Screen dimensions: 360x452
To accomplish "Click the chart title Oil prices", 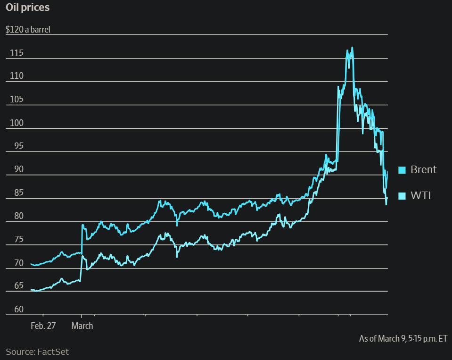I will [x=27, y=8].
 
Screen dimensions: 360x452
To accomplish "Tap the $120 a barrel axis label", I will [x=28, y=29].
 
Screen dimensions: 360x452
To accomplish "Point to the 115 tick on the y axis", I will [x=16, y=53].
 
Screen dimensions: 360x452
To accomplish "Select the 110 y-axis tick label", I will [x=16, y=76].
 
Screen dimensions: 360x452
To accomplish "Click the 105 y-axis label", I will [x=16, y=100].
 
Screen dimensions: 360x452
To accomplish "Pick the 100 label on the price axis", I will [x=16, y=123].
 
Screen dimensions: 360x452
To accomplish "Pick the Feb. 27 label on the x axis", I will [x=43, y=326].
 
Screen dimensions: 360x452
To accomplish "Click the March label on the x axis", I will [x=82, y=326].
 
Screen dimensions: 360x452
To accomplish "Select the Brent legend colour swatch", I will [x=402, y=170].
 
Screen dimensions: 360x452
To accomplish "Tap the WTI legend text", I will [x=420, y=196].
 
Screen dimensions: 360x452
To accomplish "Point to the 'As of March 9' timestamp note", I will [x=403, y=338].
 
